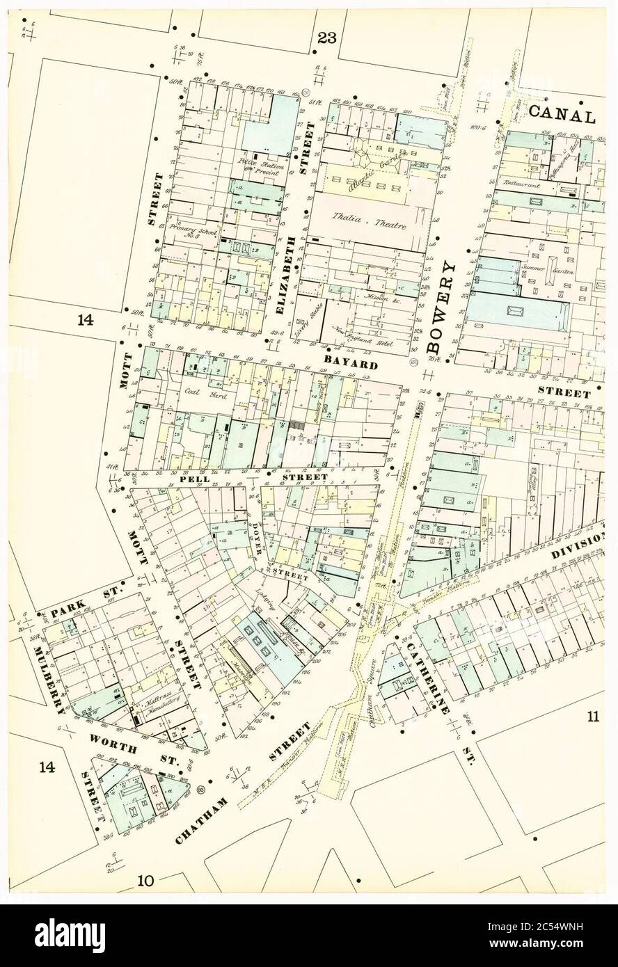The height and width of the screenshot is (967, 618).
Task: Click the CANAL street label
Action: click(562, 116)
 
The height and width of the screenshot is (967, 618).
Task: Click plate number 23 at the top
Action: click(326, 38)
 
